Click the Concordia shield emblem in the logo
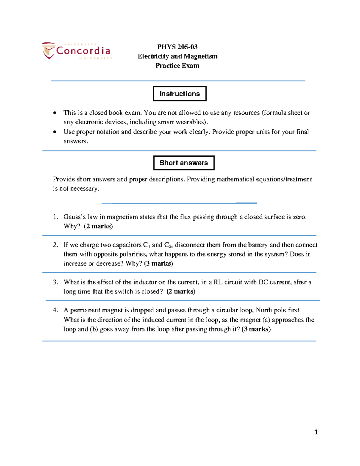point(48,50)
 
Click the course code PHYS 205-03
point(177,47)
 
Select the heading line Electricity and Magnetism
point(177,56)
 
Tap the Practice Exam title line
point(177,65)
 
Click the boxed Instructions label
point(179,94)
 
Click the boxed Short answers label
point(184,163)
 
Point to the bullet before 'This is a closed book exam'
point(54,113)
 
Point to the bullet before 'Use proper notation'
point(54,132)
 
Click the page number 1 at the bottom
point(316,432)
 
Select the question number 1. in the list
point(55,217)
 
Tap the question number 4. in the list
point(55,310)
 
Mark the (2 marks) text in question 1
point(98,226)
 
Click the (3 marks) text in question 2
point(158,263)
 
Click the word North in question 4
point(263,310)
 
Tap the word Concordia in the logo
point(83,51)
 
